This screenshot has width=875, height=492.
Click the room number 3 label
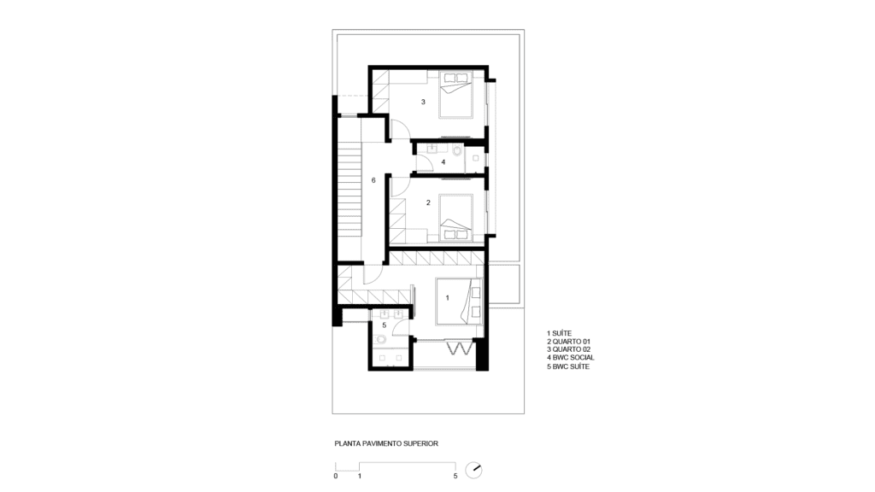tap(423, 102)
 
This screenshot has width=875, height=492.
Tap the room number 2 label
tap(428, 202)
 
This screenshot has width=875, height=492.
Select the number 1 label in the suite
tap(447, 298)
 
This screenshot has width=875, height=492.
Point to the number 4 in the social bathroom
tap(443, 162)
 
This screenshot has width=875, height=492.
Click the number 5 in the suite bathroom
tap(384, 325)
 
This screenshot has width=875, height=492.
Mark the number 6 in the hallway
tap(373, 180)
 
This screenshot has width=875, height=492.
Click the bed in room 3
tap(456, 94)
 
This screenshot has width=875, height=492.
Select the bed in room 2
tap(456, 218)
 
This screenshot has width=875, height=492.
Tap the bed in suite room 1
tap(459, 301)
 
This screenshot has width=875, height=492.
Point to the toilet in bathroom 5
tap(381, 339)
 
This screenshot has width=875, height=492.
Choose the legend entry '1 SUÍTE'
tap(559, 334)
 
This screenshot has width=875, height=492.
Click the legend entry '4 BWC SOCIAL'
tap(570, 358)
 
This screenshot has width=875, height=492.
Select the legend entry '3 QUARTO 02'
tap(568, 349)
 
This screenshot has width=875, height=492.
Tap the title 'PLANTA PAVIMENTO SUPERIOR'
tap(386, 443)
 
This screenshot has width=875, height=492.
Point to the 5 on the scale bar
tap(455, 476)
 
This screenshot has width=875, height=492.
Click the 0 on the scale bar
tap(335, 476)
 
